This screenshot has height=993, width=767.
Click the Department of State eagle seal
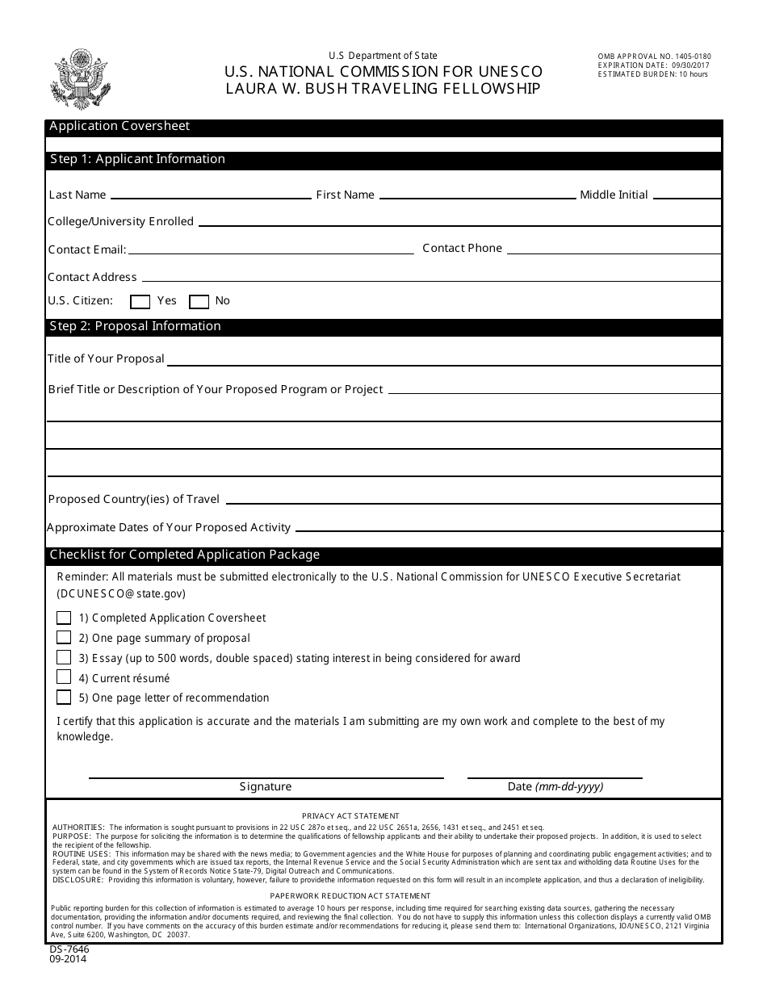click(80, 79)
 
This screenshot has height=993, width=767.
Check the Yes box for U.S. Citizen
click(140, 302)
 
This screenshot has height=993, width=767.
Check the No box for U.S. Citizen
click(199, 302)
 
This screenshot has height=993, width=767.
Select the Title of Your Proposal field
click(444, 359)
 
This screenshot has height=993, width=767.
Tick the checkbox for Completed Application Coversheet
click(64, 618)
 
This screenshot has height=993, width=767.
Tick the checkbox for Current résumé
click(64, 677)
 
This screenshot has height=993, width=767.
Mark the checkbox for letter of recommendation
click(64, 698)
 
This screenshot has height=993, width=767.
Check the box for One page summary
click(64, 637)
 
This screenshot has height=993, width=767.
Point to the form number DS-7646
click(69, 949)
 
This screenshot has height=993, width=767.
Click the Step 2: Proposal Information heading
click(136, 326)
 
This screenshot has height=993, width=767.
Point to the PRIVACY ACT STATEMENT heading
click(350, 816)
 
